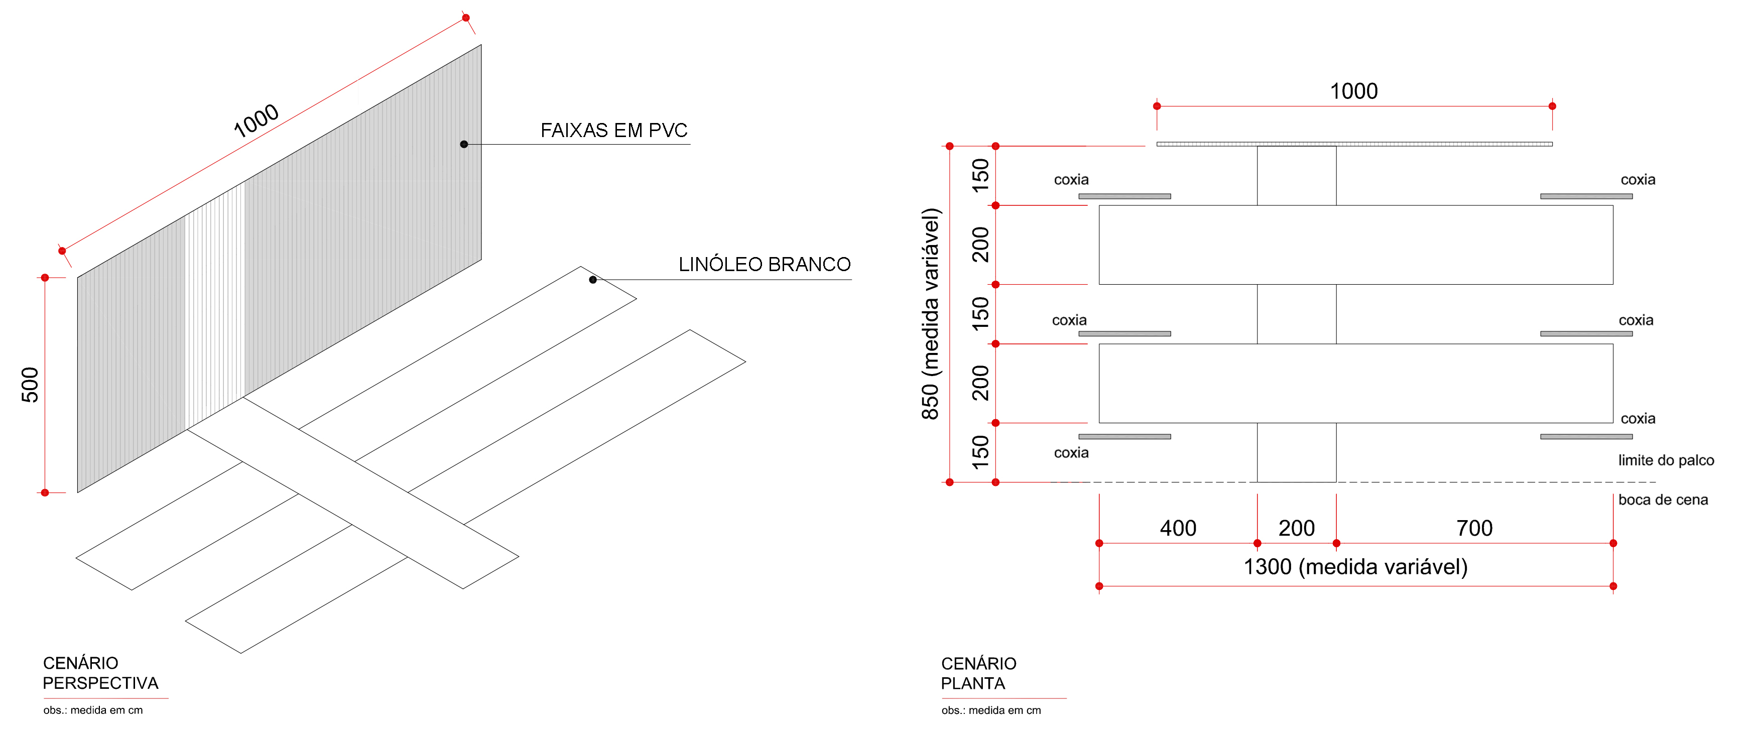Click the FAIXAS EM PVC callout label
pos(614,130)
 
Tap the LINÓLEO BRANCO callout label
pos(764,264)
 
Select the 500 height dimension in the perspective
pos(30,385)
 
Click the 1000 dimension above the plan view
pos(1353,91)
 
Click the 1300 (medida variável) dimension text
pos(1355,567)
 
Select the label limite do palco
pos(1666,460)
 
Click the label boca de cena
pos(1663,500)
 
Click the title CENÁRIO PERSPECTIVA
pos(100,673)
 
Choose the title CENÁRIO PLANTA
pos(978,673)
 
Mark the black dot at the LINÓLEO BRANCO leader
pos(593,280)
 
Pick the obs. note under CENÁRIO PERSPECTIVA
pos(93,710)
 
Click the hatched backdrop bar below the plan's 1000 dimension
pos(1354,144)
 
